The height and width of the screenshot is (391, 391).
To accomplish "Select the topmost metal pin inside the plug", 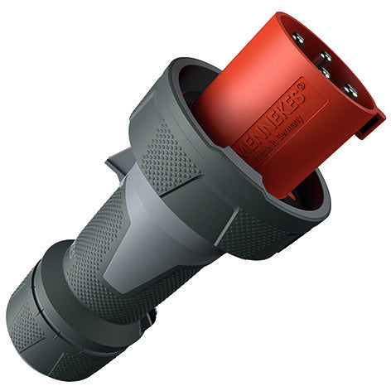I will (x=298, y=39).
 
